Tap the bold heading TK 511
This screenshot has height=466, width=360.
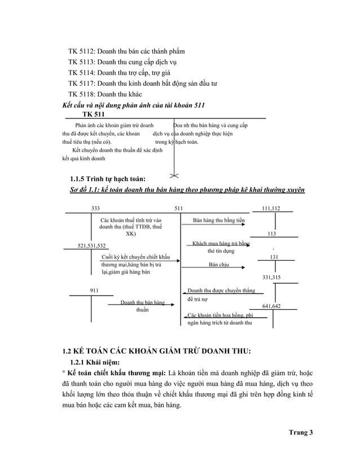click(93, 115)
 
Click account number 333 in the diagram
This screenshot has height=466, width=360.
click(96, 208)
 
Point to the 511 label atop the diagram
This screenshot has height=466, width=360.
click(179, 208)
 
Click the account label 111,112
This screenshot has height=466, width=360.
click(271, 208)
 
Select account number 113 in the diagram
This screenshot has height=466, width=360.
click(271, 233)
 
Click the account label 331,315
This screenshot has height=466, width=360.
click(271, 278)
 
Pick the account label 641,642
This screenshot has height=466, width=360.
click(272, 306)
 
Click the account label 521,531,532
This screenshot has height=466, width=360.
click(91, 245)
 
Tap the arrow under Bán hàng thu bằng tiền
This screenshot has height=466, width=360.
click(214, 225)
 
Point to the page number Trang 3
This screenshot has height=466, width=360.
click(300, 432)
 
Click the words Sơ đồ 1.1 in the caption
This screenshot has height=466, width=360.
click(83, 190)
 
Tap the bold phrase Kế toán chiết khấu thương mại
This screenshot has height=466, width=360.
click(116, 373)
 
